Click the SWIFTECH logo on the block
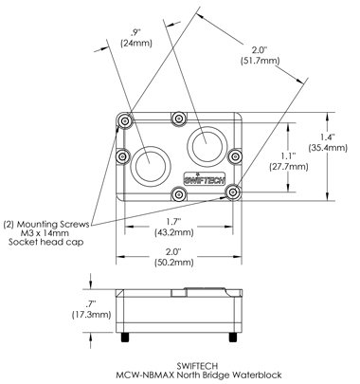[x=205, y=178]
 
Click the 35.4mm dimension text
[x=328, y=148]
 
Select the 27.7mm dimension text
[x=288, y=167]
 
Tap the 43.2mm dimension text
[x=173, y=232]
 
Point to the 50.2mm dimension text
[x=173, y=263]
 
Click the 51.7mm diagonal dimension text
[x=260, y=60]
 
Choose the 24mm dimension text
[x=136, y=44]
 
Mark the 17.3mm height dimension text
[x=92, y=315]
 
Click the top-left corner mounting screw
[x=125, y=120]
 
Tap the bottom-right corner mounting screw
[x=233, y=192]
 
